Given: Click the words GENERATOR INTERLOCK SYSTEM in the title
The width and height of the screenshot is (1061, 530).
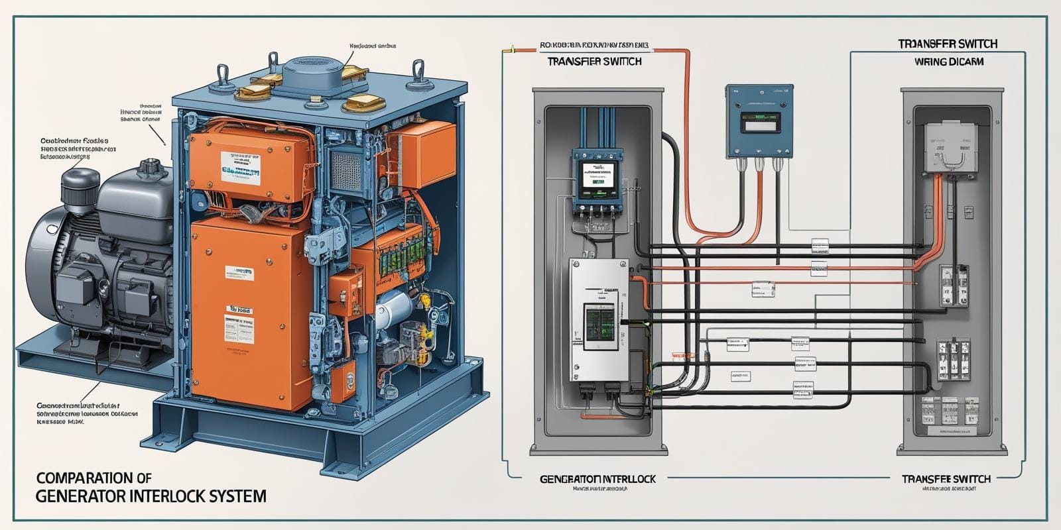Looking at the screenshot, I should coord(151,496).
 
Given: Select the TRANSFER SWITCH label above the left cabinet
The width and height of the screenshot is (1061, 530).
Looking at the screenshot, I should coord(594,62).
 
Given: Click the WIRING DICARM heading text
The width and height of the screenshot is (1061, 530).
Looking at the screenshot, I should coord(948,62).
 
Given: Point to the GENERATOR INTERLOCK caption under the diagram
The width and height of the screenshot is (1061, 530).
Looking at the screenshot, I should coord(597,479).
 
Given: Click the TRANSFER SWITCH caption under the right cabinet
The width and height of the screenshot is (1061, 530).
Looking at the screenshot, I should coord(946,479).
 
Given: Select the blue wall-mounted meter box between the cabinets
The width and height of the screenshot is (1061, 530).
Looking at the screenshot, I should coord(759,121).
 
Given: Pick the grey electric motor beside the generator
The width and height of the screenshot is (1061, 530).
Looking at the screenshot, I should coord(93,258).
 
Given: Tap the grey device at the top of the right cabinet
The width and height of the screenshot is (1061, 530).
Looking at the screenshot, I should coord(950,142).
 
